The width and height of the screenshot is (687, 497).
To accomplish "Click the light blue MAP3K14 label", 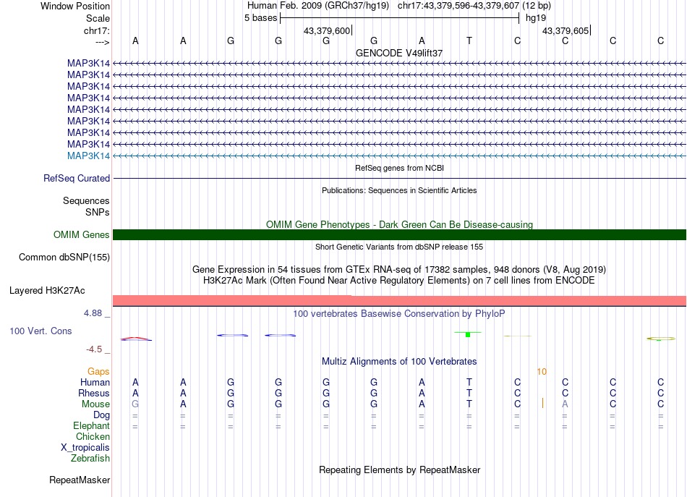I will (88, 156).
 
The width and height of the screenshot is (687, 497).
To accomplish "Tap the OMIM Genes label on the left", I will (81, 235).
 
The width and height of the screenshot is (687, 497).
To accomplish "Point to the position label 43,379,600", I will (327, 31).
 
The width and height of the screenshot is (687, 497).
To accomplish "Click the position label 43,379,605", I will (566, 31).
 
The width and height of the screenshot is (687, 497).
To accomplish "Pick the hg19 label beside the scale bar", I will (536, 18).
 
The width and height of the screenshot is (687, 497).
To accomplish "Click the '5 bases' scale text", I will (260, 18).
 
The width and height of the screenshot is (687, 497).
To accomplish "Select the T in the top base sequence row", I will (469, 41).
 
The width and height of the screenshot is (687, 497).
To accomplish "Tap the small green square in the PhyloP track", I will (469, 334).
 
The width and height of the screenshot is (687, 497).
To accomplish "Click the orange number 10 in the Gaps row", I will (542, 372).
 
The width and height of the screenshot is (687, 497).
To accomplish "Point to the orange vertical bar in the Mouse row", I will (542, 403).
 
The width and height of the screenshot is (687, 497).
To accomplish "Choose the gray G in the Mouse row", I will (135, 404).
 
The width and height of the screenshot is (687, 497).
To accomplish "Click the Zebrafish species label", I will (90, 459).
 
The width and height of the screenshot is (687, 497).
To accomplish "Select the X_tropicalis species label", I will (85, 448).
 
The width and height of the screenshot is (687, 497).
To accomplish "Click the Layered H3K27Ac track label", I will (47, 291).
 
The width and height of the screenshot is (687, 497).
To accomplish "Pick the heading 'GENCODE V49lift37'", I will (399, 54).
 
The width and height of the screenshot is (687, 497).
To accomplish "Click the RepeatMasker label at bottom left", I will (80, 480).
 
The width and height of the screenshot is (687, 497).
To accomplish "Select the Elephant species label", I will (91, 426).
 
